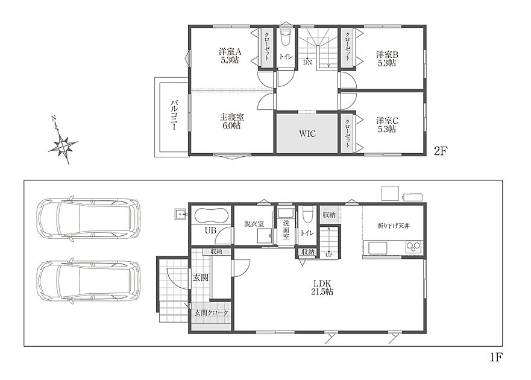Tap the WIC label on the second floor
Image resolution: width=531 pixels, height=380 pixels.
[x=307, y=133]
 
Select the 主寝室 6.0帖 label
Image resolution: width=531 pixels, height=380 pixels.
[x=231, y=121]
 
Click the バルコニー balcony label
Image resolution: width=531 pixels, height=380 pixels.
[x=174, y=115]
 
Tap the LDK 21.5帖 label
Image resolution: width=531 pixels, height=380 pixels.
[x=322, y=288]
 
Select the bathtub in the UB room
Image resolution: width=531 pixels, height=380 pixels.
[x=210, y=215]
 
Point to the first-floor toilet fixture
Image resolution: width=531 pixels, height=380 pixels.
[x=307, y=215]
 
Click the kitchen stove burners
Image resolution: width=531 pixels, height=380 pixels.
[x=413, y=247]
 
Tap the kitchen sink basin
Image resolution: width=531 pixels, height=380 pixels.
[x=377, y=248]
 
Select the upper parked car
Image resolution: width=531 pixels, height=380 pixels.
[x=89, y=220]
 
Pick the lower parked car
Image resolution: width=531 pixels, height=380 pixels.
[x=89, y=282]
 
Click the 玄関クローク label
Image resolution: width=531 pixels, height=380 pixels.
[x=211, y=313]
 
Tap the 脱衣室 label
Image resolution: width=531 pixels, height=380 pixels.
[x=254, y=224]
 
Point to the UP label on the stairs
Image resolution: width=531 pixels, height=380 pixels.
[x=329, y=255]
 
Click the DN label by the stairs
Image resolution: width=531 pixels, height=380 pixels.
[x=307, y=62]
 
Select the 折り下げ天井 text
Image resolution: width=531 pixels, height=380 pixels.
[x=394, y=226]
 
